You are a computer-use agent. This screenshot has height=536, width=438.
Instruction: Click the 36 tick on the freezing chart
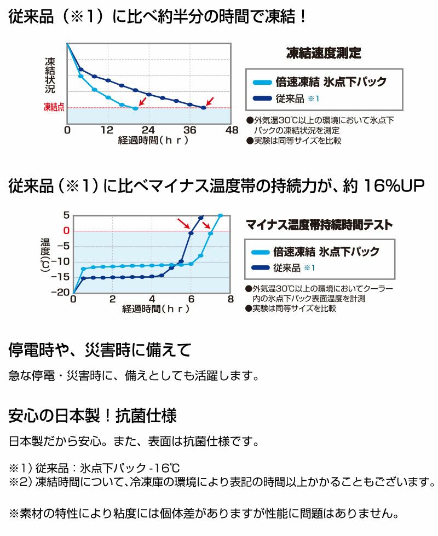point(189,130)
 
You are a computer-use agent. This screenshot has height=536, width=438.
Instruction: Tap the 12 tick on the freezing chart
point(107,130)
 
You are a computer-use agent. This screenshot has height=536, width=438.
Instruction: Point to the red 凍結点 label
point(54,107)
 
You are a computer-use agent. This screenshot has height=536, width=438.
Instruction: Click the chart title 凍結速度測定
point(324,53)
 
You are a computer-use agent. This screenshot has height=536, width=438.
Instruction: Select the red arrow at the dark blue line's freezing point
point(210,101)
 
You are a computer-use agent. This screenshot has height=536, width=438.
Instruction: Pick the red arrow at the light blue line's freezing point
point(142,101)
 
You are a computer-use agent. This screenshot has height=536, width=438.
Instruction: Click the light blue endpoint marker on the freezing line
point(135,108)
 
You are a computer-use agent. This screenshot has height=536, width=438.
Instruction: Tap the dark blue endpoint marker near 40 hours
point(204,108)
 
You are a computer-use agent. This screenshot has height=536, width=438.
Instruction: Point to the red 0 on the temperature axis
point(67,231)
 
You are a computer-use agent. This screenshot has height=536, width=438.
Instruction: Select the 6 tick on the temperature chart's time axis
point(191,299)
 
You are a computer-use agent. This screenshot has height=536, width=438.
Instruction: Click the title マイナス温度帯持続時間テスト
point(319,225)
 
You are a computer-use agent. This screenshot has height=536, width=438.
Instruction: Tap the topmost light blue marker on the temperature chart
point(220,215)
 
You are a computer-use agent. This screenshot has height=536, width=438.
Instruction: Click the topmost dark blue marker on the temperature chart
point(201,218)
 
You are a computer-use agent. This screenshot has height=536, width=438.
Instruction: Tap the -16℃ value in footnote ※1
point(164,468)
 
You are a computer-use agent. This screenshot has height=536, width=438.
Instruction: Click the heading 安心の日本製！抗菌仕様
point(93,416)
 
